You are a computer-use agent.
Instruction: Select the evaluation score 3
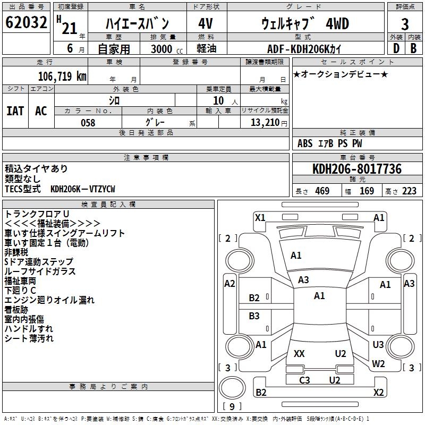click(405, 24)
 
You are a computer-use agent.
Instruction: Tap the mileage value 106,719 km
click(62, 76)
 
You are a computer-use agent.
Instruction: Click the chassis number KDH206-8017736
click(356, 169)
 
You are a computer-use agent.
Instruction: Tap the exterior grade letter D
click(396, 48)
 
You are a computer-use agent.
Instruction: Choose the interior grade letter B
click(413, 48)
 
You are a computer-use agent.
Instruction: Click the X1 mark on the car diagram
click(260, 217)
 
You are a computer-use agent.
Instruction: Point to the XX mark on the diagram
click(299, 354)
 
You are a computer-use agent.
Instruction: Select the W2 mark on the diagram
click(378, 364)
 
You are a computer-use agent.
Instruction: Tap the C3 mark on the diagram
click(304, 380)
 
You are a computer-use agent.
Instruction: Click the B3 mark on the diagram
click(254, 316)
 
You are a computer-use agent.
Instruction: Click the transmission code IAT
click(15, 110)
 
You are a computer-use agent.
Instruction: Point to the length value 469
click(322, 191)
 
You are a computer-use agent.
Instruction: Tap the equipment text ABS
click(305, 143)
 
